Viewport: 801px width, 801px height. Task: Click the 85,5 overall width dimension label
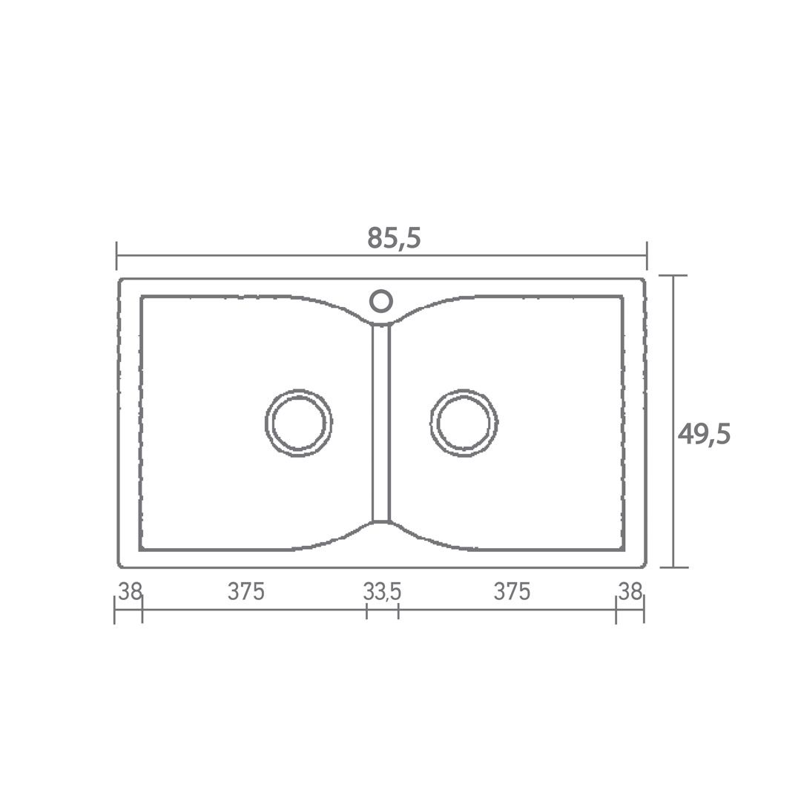tap(394, 237)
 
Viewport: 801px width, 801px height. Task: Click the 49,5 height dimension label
tap(704, 435)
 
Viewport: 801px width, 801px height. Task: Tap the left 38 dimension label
tap(130, 592)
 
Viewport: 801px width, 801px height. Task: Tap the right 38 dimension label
tap(630, 592)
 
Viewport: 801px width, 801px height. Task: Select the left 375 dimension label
tap(246, 592)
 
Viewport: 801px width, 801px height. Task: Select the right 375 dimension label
tap(512, 592)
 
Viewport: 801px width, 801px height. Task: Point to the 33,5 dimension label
tap(382, 593)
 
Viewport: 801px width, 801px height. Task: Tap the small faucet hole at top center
tap(380, 291)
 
